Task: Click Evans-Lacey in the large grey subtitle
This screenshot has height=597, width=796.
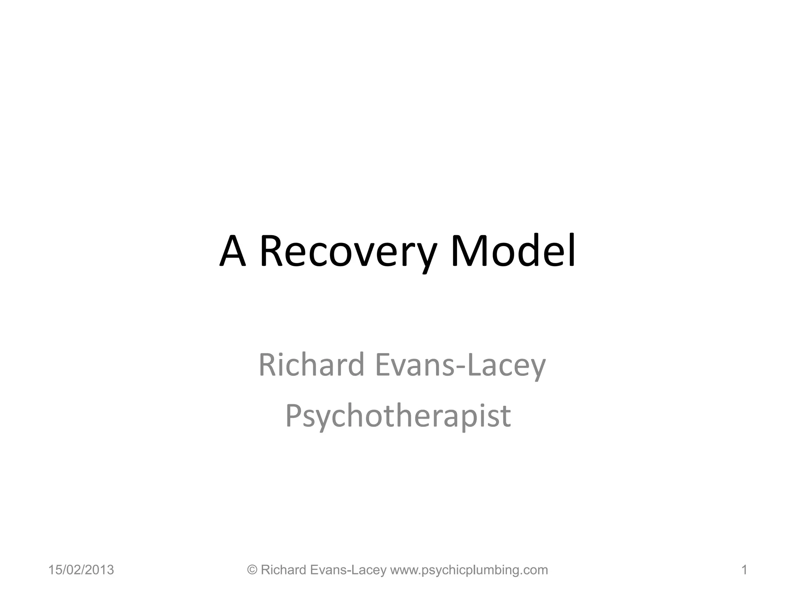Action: (x=461, y=365)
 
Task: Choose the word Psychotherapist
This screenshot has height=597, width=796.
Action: (x=398, y=416)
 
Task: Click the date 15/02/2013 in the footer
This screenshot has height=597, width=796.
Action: (x=81, y=570)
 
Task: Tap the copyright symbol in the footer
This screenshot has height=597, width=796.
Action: (x=252, y=570)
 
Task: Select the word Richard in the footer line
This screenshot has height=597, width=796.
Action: (x=283, y=570)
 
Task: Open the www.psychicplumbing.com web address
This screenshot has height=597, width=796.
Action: (x=469, y=570)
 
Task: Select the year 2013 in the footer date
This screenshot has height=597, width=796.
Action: (x=101, y=570)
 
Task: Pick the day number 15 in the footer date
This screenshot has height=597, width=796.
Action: (x=54, y=570)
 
